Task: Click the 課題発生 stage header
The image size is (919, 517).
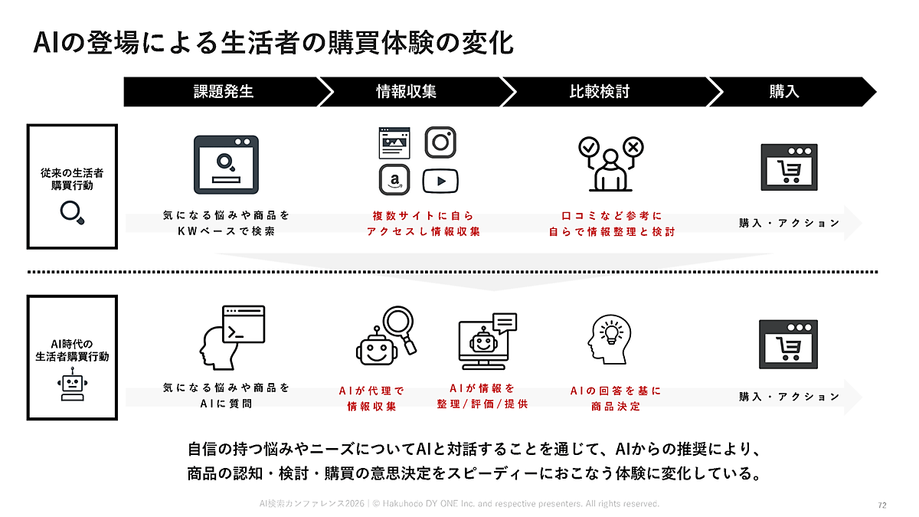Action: click(223, 92)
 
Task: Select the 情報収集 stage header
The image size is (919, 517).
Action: click(406, 92)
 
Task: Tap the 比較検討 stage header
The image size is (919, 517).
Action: click(600, 92)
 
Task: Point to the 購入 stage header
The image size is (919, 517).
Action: click(784, 92)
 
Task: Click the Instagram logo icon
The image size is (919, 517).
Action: click(440, 142)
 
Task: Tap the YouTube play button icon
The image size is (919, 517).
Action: click(440, 181)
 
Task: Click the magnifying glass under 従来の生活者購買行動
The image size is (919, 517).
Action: click(72, 211)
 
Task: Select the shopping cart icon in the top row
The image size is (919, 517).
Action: click(789, 167)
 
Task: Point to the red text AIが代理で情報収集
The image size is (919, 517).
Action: click(371, 399)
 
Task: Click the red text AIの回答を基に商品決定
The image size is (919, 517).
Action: click(615, 399)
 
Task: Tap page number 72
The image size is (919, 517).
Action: click(881, 506)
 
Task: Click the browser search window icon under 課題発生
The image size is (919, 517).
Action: click(226, 164)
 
